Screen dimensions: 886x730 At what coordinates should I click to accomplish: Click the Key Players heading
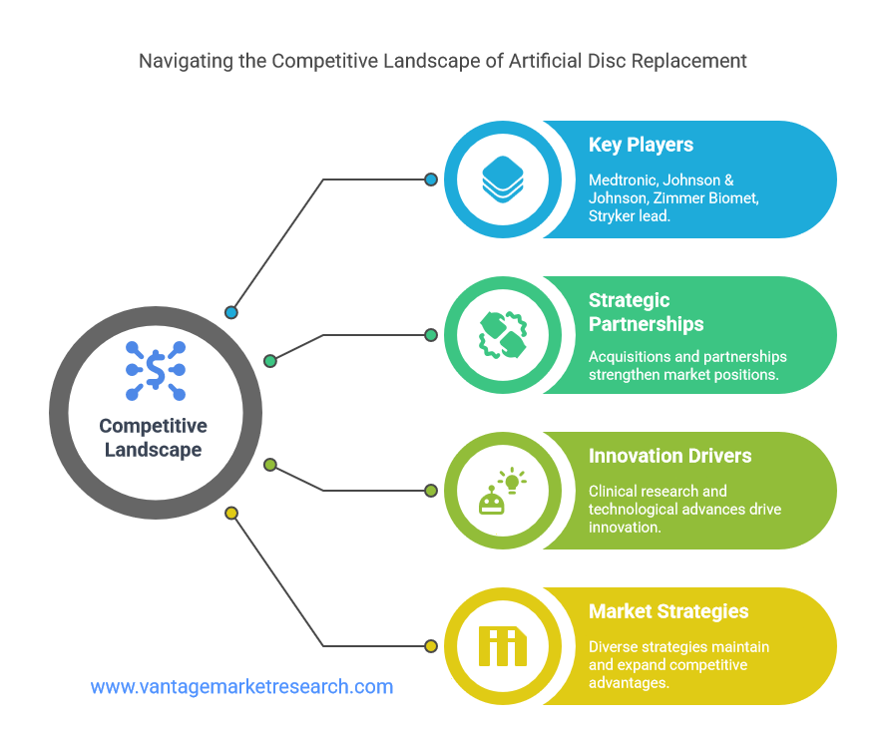(x=641, y=145)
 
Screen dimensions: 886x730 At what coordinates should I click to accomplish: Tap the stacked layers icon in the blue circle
(x=502, y=179)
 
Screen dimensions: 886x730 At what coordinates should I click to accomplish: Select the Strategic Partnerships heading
(x=646, y=312)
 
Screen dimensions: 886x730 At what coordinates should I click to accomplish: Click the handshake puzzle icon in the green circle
(x=502, y=335)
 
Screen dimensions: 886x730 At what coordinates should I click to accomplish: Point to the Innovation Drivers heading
(x=669, y=456)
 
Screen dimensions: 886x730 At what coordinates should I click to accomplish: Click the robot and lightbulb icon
(x=502, y=491)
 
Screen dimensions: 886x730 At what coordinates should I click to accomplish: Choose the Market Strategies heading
(x=668, y=611)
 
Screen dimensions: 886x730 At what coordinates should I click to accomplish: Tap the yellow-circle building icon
(x=502, y=646)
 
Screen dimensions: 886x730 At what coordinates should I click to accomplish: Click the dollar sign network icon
(x=156, y=370)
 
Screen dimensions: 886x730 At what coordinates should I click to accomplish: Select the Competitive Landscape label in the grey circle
(x=153, y=438)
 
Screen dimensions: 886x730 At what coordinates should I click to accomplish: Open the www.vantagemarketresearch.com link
(x=241, y=686)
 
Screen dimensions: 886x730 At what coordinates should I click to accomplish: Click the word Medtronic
(x=624, y=181)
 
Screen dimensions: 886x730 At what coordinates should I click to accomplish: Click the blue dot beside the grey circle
(x=231, y=312)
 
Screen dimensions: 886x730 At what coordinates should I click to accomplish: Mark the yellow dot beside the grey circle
(x=231, y=514)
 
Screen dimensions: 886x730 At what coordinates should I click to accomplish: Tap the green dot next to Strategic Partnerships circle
(x=431, y=335)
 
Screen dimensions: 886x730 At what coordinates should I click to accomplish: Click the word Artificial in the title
(x=546, y=61)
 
